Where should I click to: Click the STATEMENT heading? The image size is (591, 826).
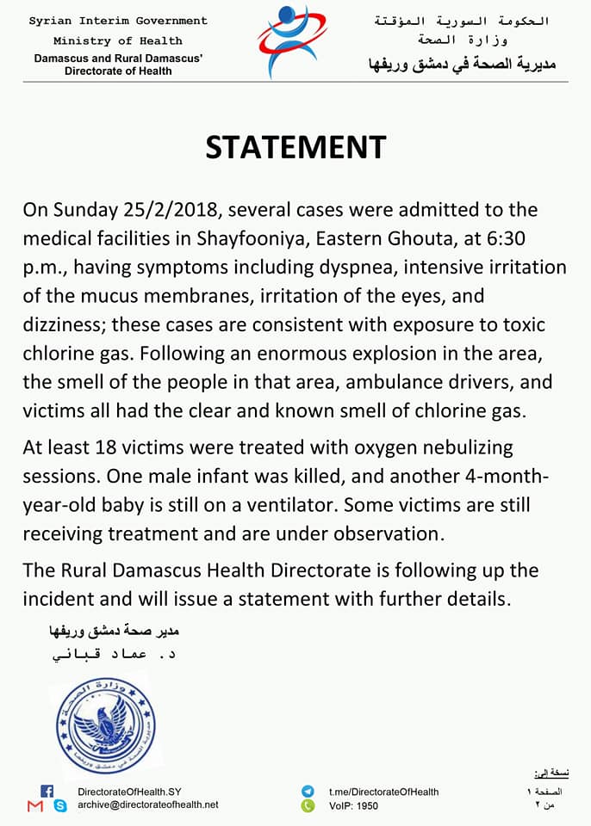point(295,147)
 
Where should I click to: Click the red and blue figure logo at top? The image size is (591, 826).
point(292,41)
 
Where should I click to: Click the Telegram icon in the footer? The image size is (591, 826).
point(308,792)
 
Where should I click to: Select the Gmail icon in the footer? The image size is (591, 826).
point(34,806)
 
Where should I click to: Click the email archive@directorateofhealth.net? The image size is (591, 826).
point(147,804)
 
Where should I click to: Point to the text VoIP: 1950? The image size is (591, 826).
point(353,806)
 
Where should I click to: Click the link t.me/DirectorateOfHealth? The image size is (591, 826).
point(383,792)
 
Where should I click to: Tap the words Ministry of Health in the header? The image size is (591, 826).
point(118,40)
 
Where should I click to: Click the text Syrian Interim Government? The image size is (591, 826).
point(118,21)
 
